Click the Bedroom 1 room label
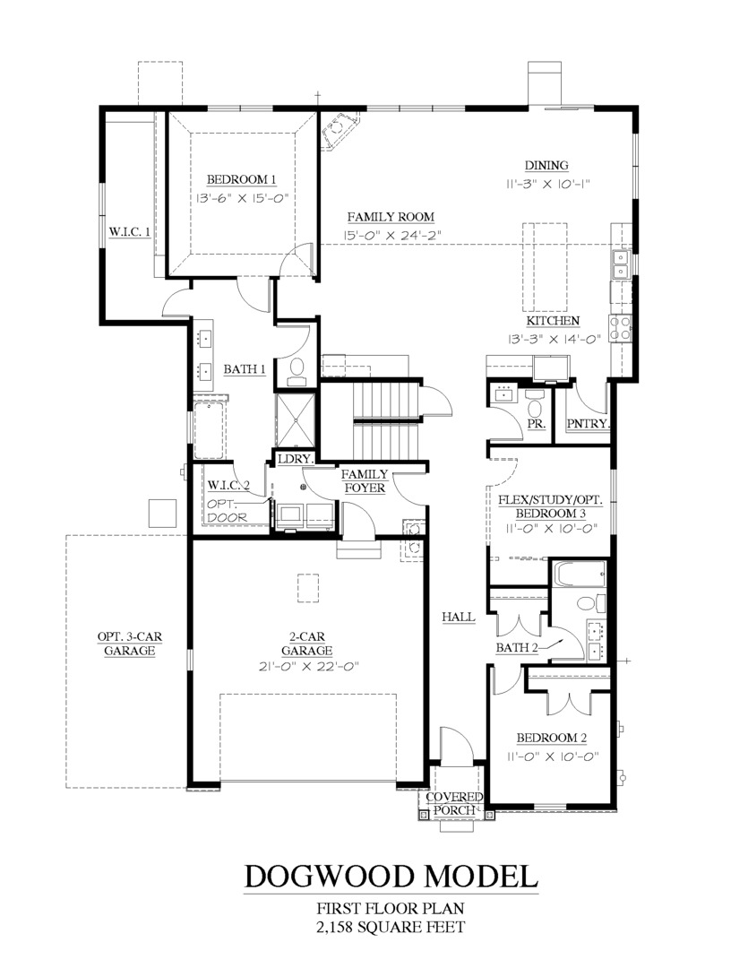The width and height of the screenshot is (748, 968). click(241, 179)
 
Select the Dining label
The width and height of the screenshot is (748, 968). click(546, 165)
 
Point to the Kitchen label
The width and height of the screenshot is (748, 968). click(553, 321)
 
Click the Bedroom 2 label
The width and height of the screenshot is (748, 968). click(551, 738)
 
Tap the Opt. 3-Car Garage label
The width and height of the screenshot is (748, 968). click(130, 644)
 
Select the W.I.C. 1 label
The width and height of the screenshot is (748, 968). click(130, 231)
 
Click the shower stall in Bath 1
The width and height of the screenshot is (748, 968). click(295, 420)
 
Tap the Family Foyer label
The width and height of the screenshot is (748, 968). click(365, 481)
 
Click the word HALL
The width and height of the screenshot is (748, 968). click(459, 617)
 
